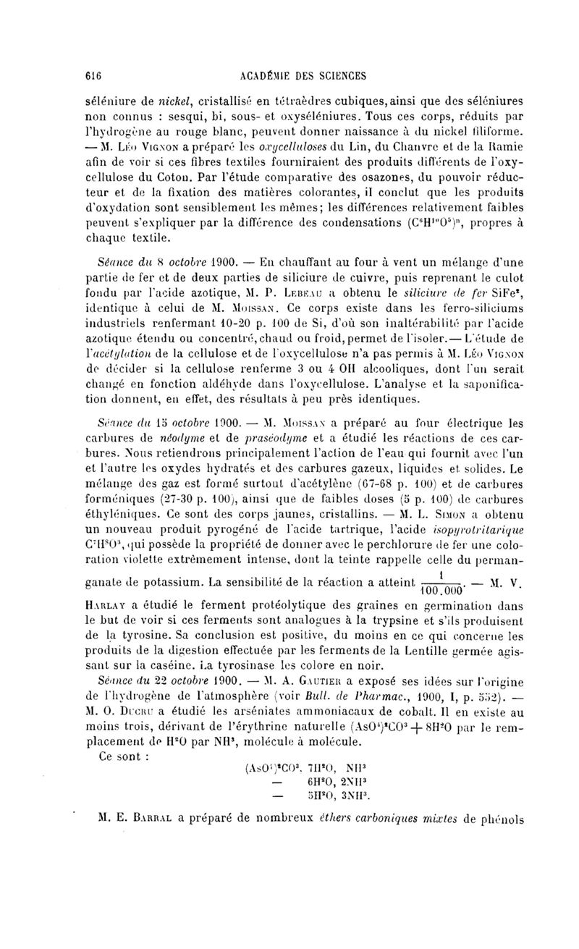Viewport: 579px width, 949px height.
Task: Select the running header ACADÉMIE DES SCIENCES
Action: (x=307, y=75)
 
